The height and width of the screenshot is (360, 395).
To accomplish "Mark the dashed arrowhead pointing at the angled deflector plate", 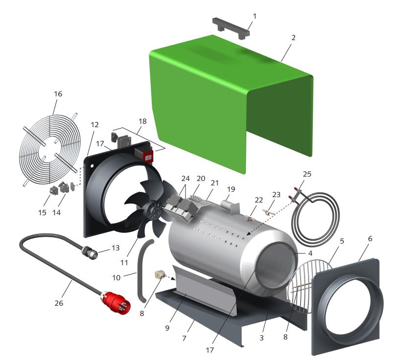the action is pos(174,279).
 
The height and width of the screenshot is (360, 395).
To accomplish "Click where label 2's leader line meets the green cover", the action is pos(281,61).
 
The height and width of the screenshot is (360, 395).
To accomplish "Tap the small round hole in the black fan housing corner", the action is pos(93,166).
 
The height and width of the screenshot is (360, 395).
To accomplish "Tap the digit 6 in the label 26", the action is pos(61,303).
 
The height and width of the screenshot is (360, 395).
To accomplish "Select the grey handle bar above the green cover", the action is pos(231,28).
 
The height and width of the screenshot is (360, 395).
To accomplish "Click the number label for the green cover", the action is pos(293,38).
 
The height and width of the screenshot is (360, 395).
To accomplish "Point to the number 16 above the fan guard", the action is pos(58,94).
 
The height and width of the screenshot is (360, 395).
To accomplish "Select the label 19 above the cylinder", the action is pos(231,189).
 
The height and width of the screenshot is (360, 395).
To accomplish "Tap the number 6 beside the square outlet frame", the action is pos(370,239).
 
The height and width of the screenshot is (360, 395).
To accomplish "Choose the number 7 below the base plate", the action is pos(184,338).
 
